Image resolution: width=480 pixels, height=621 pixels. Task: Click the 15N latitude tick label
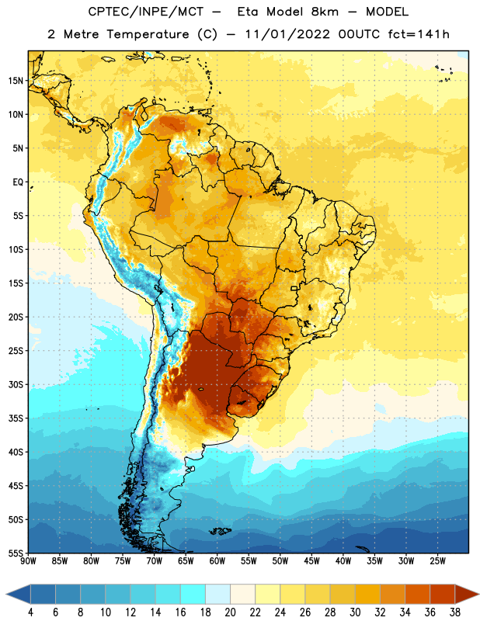tap(16, 81)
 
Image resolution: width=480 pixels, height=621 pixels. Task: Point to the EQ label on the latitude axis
tap(18, 182)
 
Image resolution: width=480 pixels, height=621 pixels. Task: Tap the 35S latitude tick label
tap(16, 418)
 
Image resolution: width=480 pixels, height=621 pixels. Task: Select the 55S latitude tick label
tap(16, 553)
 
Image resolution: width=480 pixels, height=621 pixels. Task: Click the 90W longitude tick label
tap(28, 561)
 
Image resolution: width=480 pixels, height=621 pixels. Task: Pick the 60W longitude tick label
tap(217, 561)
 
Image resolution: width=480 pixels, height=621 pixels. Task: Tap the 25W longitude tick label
tap(437, 561)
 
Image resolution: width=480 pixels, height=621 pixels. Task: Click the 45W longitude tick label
tap(311, 561)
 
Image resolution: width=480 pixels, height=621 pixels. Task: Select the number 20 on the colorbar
tap(230, 612)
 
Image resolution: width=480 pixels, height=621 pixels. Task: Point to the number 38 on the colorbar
tap(455, 612)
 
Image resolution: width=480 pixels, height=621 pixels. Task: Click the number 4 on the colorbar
tap(30, 612)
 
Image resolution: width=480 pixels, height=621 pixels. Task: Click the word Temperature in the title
tap(148, 34)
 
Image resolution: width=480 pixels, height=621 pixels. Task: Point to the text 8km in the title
tap(325, 12)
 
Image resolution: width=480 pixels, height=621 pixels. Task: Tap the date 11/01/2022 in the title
tap(287, 34)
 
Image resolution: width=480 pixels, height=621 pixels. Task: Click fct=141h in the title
tap(419, 34)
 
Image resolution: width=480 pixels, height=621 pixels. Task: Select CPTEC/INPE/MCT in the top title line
tap(145, 12)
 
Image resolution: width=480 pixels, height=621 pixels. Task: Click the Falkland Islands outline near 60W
tap(221, 531)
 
